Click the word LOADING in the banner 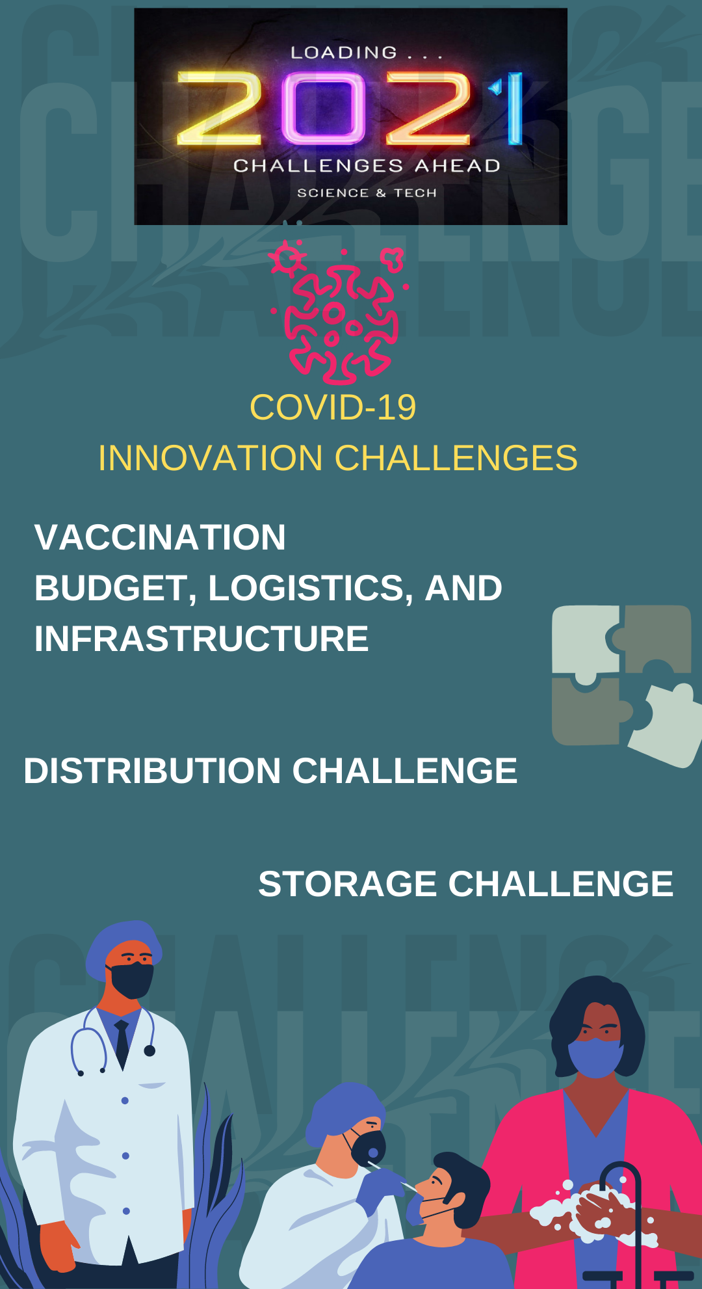tap(343, 53)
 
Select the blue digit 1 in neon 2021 tap(513, 108)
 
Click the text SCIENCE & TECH tap(367, 193)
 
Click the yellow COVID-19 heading tap(333, 408)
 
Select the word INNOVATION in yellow tap(211, 458)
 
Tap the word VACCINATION tap(160, 537)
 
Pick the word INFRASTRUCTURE tap(201, 639)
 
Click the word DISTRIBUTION tap(152, 771)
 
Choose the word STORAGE tap(348, 884)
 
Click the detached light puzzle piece tap(666, 725)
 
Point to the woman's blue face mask tap(594, 1057)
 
